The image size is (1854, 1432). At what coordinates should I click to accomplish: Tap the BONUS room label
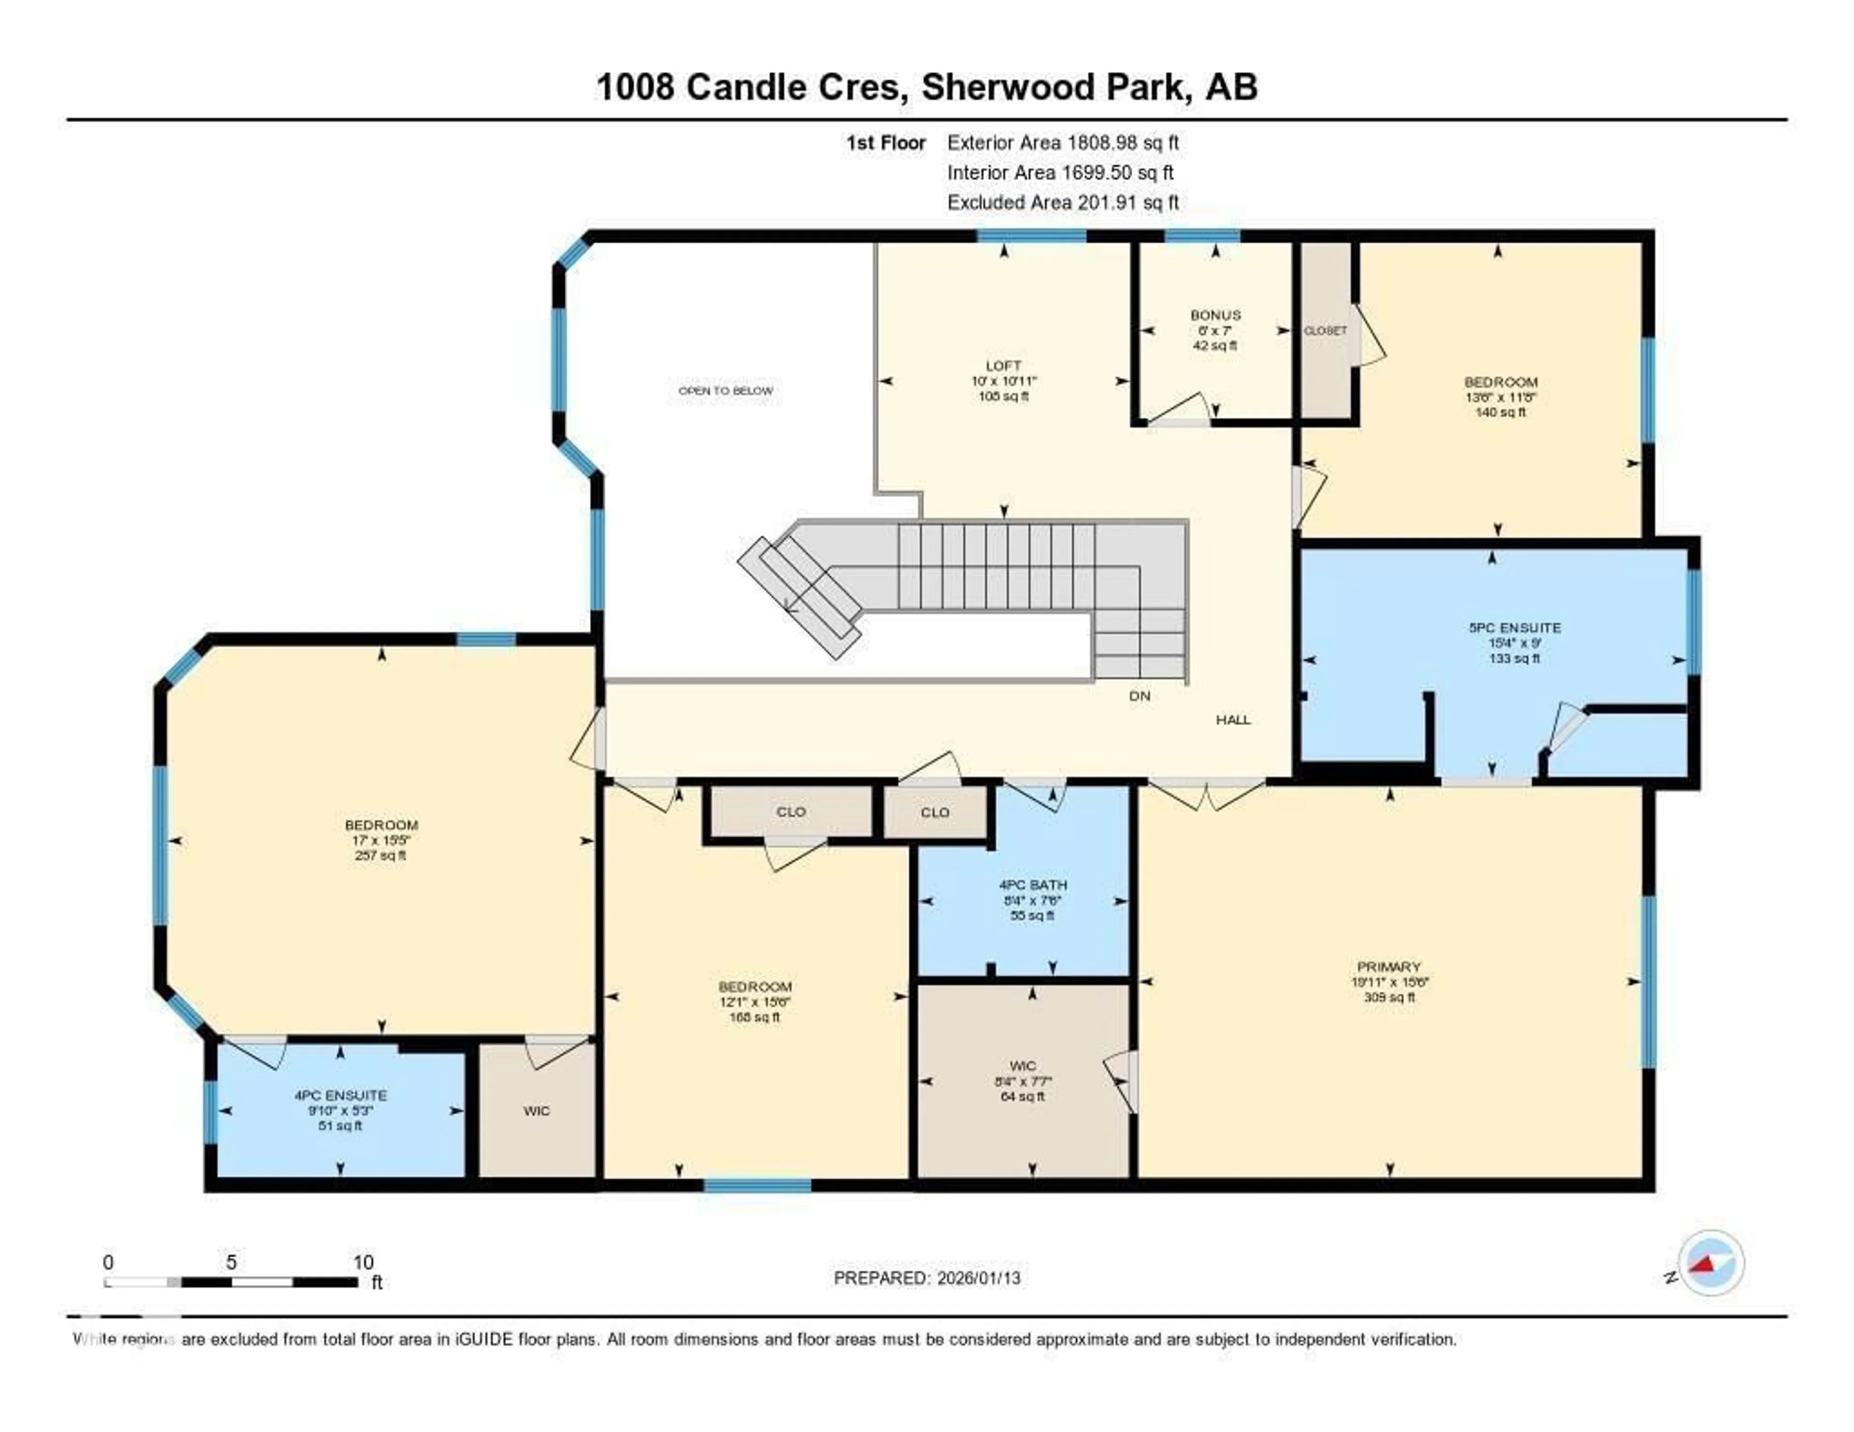pos(1215,315)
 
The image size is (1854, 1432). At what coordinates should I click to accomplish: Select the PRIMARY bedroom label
pos(1389,966)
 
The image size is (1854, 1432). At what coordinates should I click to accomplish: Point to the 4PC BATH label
pos(1032,884)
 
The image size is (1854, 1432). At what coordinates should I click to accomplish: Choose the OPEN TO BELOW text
pos(725,391)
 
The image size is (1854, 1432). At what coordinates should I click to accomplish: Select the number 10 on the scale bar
pos(364,1262)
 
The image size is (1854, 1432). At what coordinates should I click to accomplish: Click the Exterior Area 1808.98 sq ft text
pos(1063,142)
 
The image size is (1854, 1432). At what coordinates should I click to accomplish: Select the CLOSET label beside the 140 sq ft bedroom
pos(1325,330)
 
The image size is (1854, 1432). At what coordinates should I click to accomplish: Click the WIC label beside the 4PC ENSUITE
pos(536,1110)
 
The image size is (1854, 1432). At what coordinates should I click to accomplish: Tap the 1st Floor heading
pos(885,142)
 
